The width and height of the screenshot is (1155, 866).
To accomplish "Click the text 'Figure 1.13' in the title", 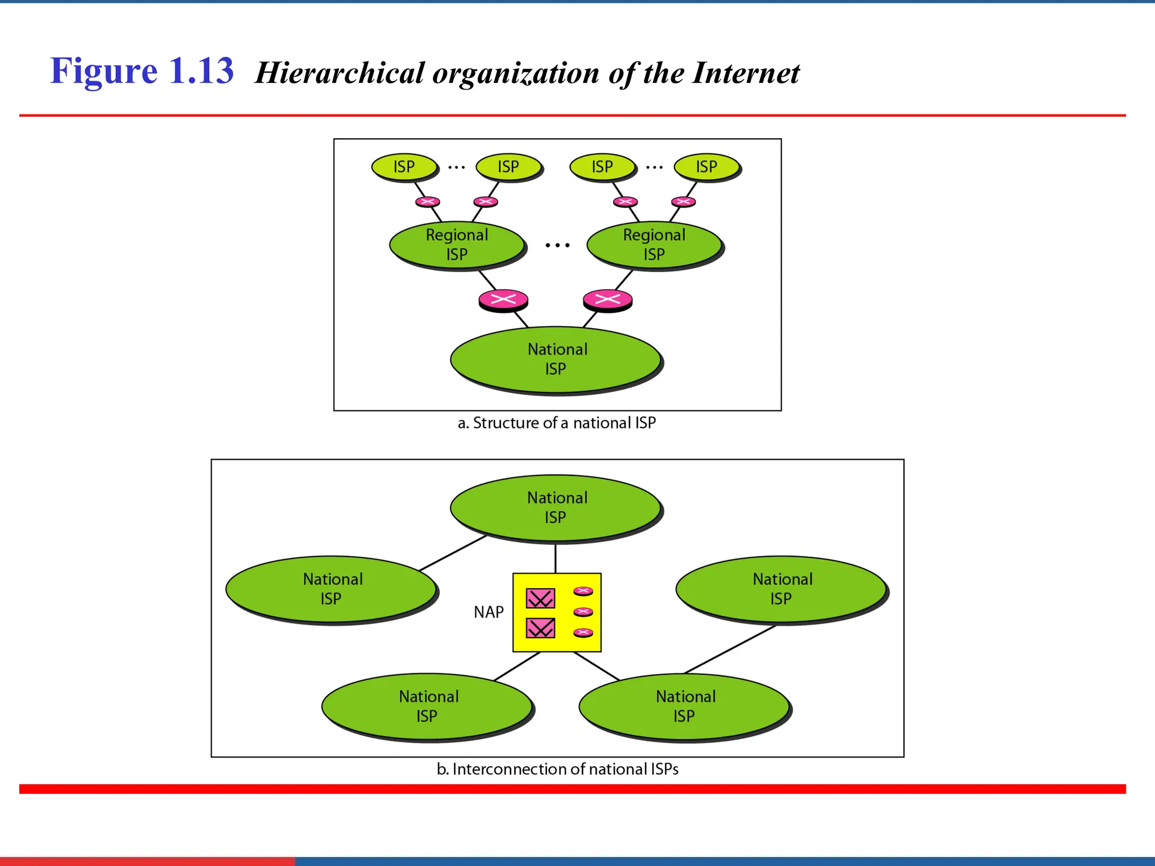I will (x=142, y=72).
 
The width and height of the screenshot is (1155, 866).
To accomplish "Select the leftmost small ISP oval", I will (x=404, y=167).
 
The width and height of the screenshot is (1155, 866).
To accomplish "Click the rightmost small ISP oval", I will (x=706, y=167).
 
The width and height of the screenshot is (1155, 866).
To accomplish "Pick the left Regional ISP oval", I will (x=457, y=245).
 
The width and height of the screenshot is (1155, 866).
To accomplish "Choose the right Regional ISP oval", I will (x=654, y=245).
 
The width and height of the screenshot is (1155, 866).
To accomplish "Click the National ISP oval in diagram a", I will (x=556, y=359).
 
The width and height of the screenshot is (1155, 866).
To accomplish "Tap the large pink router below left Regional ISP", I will (x=503, y=299).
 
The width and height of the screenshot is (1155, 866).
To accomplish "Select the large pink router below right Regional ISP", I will (x=607, y=299).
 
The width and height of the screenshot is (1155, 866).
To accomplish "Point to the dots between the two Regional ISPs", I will (x=557, y=245).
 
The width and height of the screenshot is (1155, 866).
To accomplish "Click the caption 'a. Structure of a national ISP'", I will (x=556, y=423).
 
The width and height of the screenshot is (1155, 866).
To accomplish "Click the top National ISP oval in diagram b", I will (x=556, y=507).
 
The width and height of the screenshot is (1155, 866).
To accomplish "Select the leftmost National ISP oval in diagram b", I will (x=332, y=589).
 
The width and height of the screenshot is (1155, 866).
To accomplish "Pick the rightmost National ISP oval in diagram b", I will (x=782, y=589).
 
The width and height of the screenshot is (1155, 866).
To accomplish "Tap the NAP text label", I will (x=488, y=612).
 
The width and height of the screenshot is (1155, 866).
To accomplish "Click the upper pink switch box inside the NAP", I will (x=540, y=598).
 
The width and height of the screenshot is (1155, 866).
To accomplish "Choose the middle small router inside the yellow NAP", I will (x=583, y=612).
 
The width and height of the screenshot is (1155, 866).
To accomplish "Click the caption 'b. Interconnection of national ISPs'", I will (x=557, y=769).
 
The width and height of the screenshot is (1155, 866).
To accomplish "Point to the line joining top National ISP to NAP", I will (x=556, y=558).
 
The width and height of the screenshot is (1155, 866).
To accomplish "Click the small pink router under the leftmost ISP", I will (x=427, y=202).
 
